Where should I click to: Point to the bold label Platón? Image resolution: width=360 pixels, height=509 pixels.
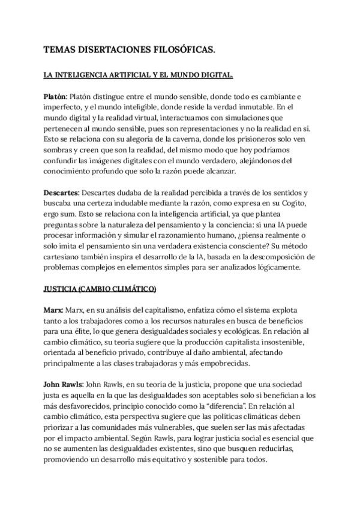pos(56,96)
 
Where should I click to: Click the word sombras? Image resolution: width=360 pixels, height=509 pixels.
pos(59,150)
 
